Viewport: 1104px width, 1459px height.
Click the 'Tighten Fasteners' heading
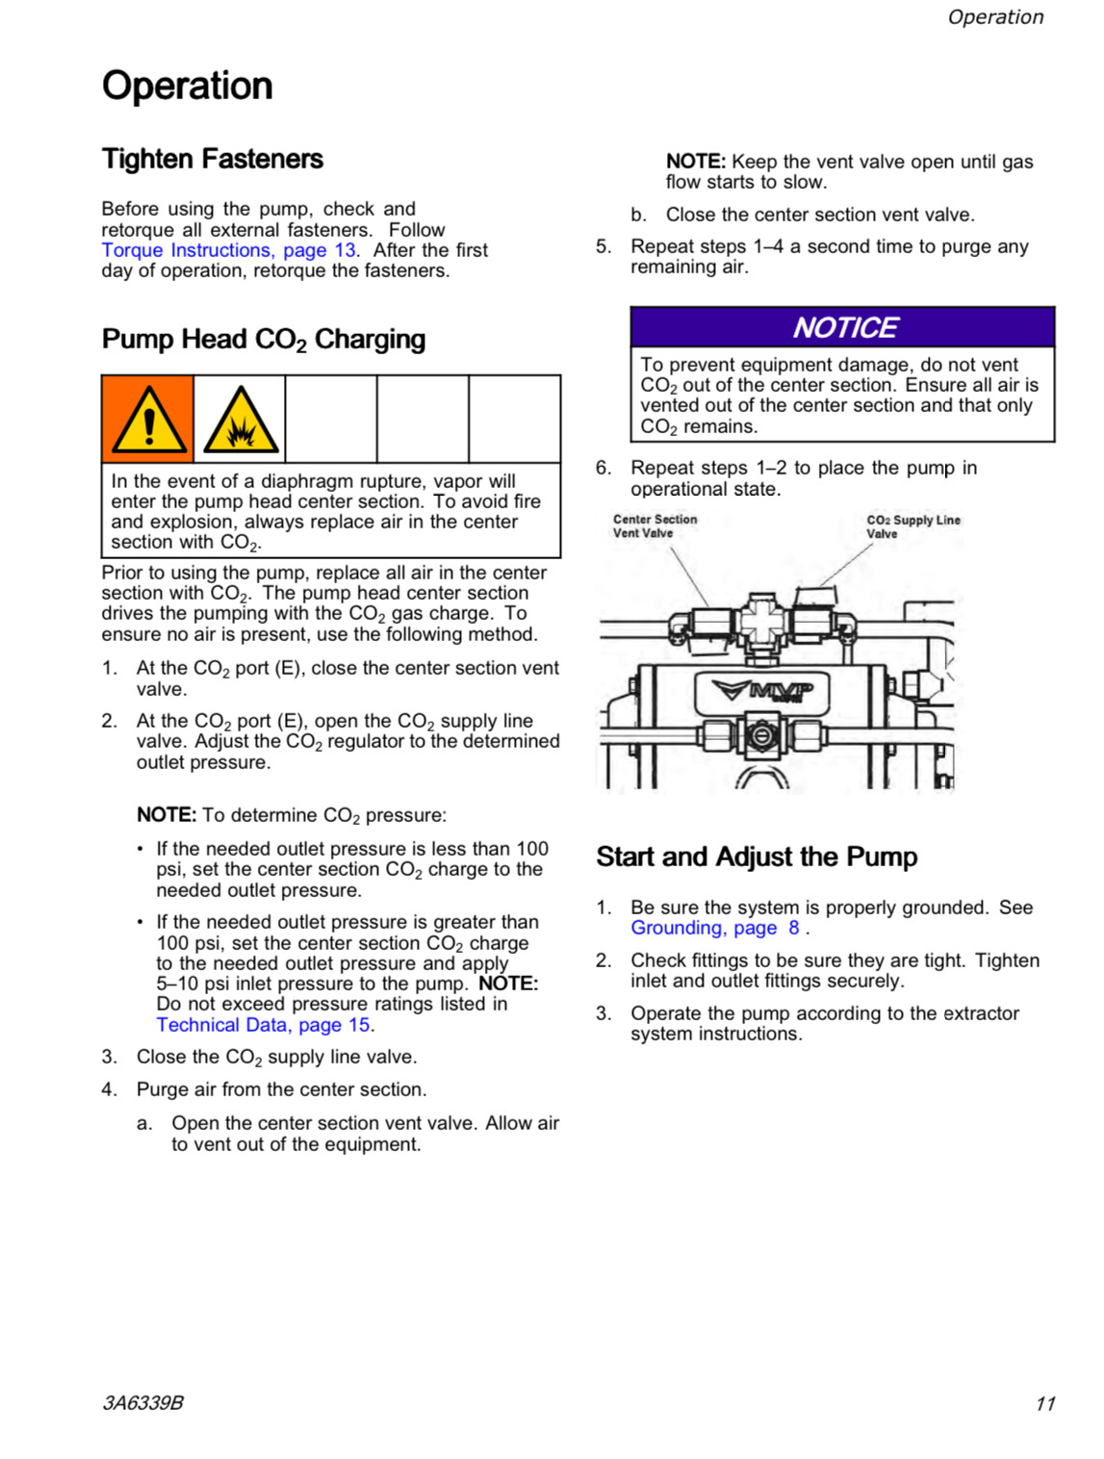[213, 159]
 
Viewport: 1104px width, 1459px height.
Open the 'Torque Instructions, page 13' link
[229, 250]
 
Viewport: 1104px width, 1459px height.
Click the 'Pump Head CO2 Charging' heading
[263, 340]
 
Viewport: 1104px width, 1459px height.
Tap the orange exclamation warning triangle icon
[148, 420]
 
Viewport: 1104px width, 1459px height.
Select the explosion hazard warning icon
[240, 421]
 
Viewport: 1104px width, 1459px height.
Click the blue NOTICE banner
[842, 327]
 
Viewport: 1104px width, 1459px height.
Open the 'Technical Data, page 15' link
[263, 1025]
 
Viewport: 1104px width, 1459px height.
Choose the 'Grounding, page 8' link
[715, 928]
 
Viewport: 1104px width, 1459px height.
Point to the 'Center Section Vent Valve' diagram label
[655, 525]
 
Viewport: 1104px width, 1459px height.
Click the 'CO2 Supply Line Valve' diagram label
[912, 526]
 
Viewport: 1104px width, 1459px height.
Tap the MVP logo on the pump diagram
[763, 690]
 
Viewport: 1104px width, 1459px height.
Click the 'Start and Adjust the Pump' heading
[757, 857]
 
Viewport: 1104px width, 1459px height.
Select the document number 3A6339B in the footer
[142, 1402]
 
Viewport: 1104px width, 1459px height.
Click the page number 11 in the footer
[1045, 1403]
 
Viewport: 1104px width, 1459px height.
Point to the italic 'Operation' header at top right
[995, 17]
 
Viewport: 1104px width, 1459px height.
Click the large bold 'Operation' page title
[188, 86]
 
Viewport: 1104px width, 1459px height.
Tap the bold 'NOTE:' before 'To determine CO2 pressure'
[167, 815]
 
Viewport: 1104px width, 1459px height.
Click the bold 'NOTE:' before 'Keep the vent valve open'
[695, 162]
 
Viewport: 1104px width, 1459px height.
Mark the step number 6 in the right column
[603, 468]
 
